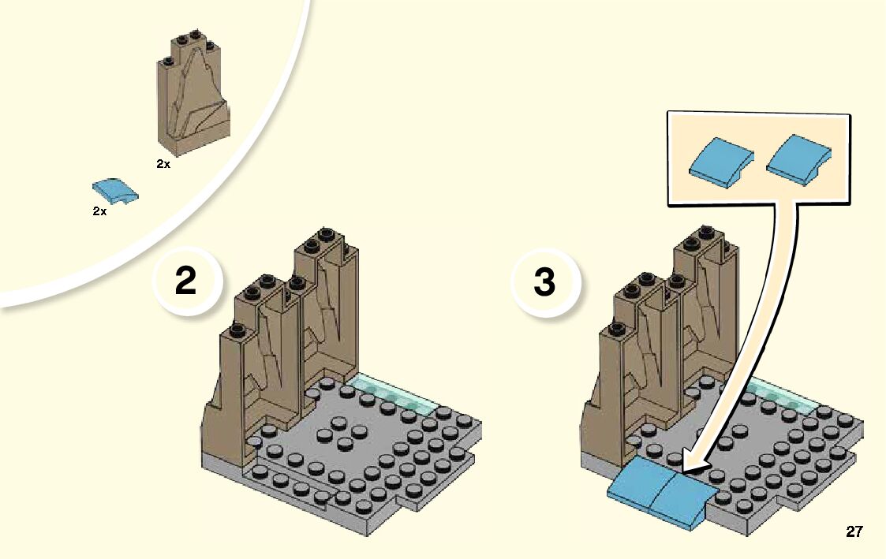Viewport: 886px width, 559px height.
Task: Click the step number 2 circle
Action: tap(186, 282)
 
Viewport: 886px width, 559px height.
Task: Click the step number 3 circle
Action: tap(544, 282)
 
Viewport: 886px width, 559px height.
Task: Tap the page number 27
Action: tap(854, 532)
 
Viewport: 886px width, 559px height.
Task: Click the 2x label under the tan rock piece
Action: tap(163, 164)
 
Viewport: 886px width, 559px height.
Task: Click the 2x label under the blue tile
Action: tap(99, 212)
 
